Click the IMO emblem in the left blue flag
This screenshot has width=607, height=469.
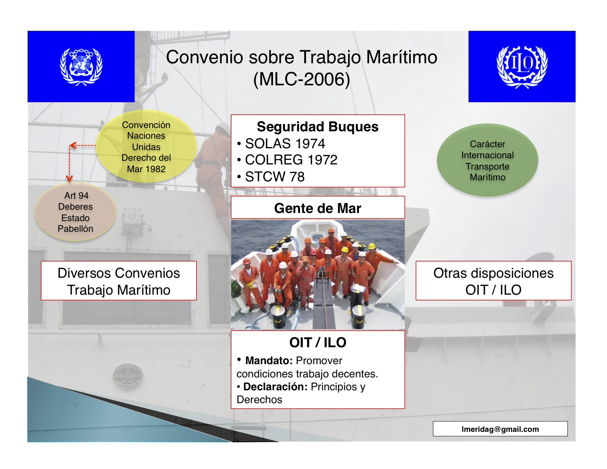[x=81, y=67]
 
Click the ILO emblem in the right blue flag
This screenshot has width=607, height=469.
[x=522, y=67]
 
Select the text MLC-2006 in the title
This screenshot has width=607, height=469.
[x=301, y=79]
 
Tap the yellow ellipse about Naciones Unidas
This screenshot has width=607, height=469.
[x=146, y=146]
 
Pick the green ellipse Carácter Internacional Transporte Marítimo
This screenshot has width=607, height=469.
[x=487, y=160]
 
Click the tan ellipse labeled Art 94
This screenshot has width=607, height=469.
[x=75, y=212]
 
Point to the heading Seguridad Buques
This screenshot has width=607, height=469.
[x=317, y=127]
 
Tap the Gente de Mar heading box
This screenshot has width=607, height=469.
[x=317, y=207]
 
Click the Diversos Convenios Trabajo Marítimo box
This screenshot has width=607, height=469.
[x=119, y=281]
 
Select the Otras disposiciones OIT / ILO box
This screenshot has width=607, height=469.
[x=493, y=281]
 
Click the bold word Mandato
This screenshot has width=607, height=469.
[x=269, y=360]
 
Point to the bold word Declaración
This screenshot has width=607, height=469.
[x=276, y=387]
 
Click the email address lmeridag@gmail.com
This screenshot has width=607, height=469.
[x=500, y=429]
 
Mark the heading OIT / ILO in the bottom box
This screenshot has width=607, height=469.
[x=317, y=342]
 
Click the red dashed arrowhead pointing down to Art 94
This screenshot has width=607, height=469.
[x=69, y=178]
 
